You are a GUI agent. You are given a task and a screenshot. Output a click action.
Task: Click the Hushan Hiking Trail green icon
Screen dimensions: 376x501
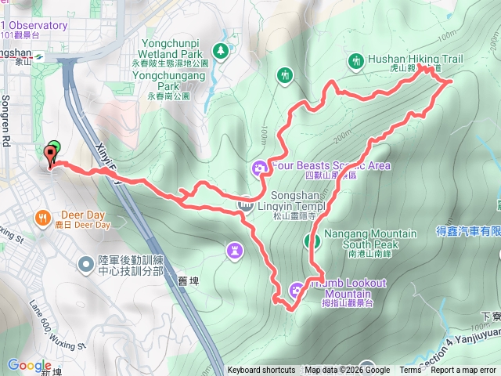pos(357,60)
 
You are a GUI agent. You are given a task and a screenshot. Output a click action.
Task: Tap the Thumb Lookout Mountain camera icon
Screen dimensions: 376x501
pos(297,290)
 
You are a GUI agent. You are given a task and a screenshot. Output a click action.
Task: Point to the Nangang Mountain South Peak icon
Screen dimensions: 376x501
pos(312,240)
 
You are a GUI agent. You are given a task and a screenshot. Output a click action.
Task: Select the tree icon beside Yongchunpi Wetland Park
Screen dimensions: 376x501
pos(221,50)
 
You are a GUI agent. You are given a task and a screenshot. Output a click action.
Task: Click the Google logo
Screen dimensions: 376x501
pos(30,365)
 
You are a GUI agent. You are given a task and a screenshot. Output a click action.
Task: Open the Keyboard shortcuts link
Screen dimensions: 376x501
pos(261,371)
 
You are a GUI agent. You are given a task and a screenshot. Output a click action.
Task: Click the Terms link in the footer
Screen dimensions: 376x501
pos(409,371)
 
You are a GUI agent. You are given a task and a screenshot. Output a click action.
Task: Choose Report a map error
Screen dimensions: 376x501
pos(465,371)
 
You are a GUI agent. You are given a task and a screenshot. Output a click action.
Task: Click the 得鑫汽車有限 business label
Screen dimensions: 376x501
pos(468,232)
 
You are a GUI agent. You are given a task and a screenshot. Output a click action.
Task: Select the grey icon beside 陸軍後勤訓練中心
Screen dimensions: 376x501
pos(85,264)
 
